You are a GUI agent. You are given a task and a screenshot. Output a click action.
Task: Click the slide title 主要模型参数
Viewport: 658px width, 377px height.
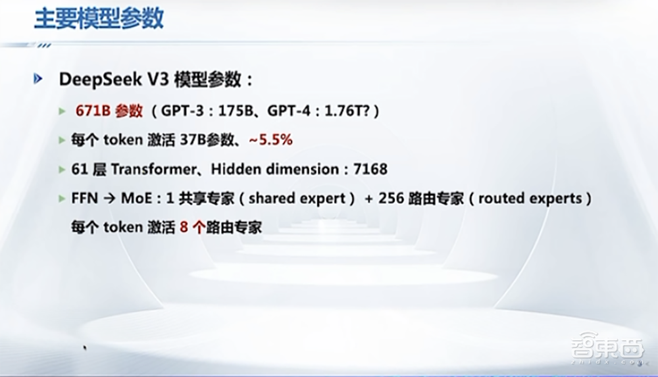tap(99, 18)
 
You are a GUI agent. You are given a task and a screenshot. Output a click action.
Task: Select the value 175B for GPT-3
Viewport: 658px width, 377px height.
tap(239, 111)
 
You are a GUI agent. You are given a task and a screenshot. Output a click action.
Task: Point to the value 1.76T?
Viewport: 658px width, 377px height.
tap(347, 111)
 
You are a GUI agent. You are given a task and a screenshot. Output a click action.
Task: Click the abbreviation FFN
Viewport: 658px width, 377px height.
tap(84, 198)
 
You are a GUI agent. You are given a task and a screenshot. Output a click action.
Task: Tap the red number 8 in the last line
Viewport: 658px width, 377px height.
tap(184, 227)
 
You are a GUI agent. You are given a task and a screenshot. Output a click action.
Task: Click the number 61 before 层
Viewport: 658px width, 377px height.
tap(79, 169)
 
